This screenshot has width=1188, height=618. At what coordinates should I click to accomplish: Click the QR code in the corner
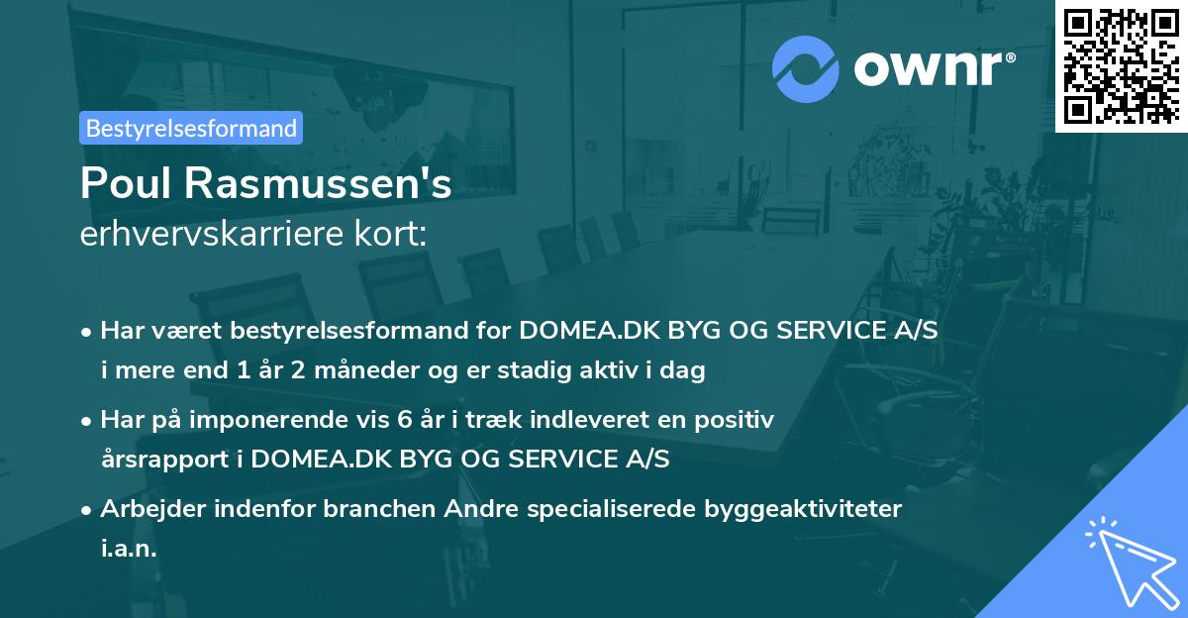point(1121,65)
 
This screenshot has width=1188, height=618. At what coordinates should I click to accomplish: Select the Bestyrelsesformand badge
point(191,128)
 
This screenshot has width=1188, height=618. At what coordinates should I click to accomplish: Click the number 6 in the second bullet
point(404,419)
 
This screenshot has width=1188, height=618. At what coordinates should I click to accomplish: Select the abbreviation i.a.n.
point(129,549)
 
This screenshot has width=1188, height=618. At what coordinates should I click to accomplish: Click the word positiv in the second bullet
point(737,419)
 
